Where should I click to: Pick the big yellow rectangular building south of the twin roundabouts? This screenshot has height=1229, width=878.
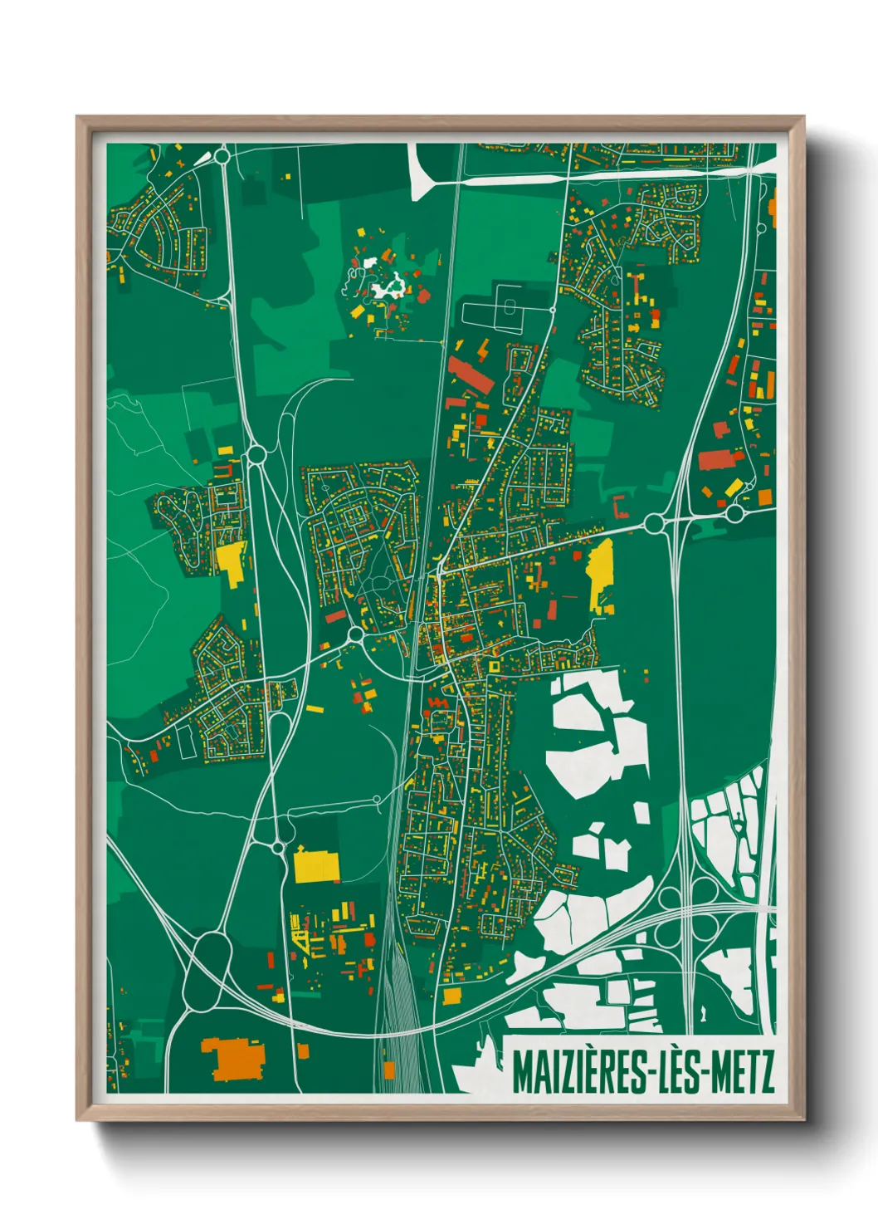[x=316, y=866]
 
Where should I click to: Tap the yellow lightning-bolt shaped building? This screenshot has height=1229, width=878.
[x=482, y=351]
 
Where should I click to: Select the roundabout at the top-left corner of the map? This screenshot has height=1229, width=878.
[x=222, y=155]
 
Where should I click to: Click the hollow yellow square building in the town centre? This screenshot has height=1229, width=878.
[x=495, y=666]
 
